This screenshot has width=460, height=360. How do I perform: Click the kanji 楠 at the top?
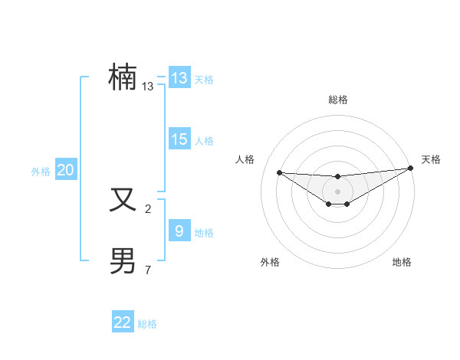point(123,77)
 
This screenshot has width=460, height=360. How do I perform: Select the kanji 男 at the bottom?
point(123,260)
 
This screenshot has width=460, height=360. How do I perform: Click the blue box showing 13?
point(179,78)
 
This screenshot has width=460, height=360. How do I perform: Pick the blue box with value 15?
point(179,139)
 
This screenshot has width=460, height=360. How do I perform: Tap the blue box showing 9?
point(179,231)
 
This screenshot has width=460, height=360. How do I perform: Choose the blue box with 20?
point(65,170)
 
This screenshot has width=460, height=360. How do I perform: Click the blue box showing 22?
point(123,322)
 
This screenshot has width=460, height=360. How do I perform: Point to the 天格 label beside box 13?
point(204,80)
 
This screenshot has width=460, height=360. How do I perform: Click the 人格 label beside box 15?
point(204,141)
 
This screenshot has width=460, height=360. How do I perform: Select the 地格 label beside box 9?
point(204,233)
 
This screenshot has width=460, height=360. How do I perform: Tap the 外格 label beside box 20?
point(41,172)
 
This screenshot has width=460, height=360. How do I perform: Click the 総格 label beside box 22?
point(147,324)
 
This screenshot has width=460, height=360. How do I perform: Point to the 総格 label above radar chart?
point(337,100)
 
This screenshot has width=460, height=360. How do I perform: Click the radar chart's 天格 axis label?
point(431,159)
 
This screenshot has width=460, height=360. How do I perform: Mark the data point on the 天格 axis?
point(410,169)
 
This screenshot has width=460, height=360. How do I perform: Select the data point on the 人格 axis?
point(279,172)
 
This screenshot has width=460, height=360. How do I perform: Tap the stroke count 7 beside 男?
point(148,270)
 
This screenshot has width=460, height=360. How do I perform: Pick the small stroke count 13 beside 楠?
point(148,87)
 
